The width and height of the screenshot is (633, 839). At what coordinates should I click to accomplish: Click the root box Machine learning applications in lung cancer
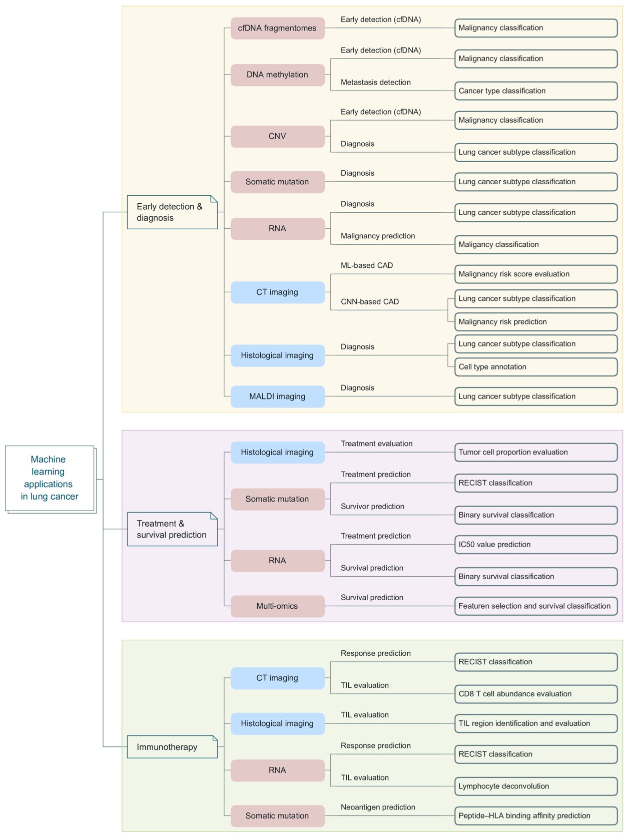click(50, 478)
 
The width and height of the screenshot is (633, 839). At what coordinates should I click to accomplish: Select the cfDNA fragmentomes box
click(277, 28)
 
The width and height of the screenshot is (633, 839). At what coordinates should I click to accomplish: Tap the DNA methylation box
click(277, 75)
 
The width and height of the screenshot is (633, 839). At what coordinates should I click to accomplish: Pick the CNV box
click(277, 136)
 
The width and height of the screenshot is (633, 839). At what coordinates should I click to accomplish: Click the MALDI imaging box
click(277, 396)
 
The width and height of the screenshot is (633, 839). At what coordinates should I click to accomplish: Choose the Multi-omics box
click(277, 606)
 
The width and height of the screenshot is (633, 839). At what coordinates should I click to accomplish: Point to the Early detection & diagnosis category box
click(172, 212)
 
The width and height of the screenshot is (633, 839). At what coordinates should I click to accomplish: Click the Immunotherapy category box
click(172, 747)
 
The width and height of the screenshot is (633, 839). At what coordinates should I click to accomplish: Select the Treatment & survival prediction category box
click(172, 529)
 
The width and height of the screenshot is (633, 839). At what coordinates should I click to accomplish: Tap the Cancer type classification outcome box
click(535, 91)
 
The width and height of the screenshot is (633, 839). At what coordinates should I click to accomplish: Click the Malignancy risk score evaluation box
click(535, 274)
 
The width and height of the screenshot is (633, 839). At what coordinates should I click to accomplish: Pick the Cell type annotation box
click(535, 367)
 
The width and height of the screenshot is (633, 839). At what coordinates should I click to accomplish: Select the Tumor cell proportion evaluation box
click(535, 452)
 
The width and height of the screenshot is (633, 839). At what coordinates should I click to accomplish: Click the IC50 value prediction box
click(535, 545)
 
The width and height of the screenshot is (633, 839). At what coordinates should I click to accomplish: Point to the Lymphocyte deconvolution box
click(535, 786)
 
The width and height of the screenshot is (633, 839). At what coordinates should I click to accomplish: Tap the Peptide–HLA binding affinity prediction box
click(535, 815)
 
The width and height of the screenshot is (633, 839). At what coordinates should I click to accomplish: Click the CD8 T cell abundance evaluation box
click(535, 694)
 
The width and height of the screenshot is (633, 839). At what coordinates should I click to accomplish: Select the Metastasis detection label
click(375, 82)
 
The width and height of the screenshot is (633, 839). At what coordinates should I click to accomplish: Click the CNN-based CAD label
click(370, 301)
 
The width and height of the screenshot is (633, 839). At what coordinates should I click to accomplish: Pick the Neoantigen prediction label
click(378, 807)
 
